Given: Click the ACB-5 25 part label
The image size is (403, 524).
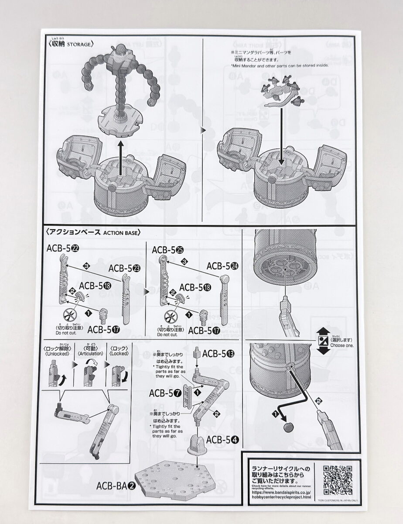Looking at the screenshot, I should (x=168, y=250).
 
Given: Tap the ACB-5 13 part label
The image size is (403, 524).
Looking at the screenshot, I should (x=218, y=353).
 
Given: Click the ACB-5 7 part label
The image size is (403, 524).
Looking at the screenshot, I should (x=165, y=393).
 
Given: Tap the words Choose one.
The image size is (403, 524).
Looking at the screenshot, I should (x=342, y=345).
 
